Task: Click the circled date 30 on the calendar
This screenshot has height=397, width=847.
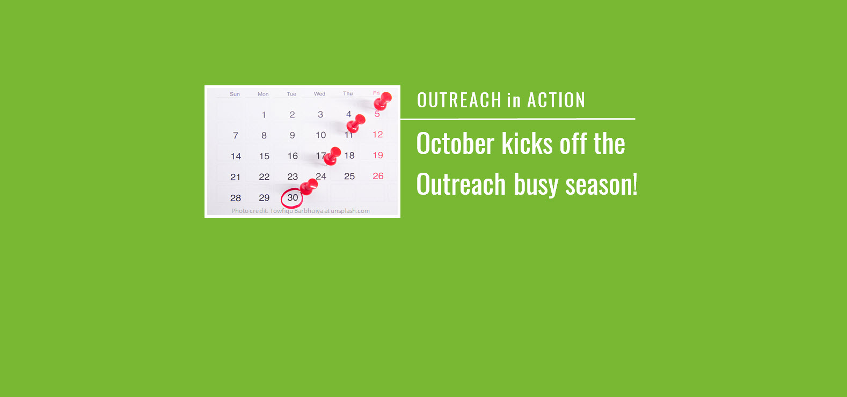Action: (292, 198)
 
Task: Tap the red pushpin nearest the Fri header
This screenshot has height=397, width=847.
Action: (383, 100)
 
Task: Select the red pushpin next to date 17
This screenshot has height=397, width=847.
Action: (333, 156)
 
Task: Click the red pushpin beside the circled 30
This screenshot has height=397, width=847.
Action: (309, 187)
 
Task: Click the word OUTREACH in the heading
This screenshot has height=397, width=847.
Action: (459, 100)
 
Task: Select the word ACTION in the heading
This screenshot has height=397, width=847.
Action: (556, 100)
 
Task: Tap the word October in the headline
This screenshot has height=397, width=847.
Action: (455, 144)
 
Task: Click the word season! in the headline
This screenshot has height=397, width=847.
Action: (601, 185)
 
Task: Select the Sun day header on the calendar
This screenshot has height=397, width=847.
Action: (235, 94)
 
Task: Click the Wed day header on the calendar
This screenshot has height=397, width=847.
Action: (319, 94)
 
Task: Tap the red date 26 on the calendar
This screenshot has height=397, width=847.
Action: (378, 176)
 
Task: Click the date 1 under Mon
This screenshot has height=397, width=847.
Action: (264, 115)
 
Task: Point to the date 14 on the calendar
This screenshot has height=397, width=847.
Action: (236, 156)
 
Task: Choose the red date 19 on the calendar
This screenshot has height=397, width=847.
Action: (378, 156)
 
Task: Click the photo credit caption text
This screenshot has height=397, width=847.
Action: (301, 211)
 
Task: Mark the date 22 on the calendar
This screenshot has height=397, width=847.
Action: (264, 177)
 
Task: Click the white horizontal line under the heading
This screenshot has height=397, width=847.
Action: (517, 119)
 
